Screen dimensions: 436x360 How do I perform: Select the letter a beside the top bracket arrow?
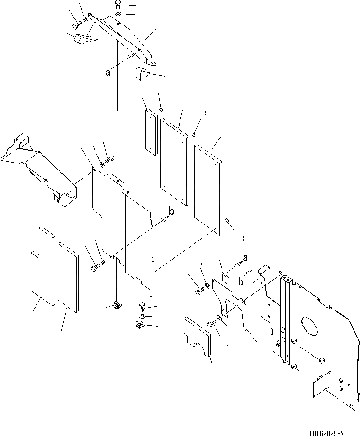click(108, 72)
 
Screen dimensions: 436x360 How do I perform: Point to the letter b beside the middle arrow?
click(171, 212)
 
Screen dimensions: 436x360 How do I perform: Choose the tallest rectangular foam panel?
click(209, 189)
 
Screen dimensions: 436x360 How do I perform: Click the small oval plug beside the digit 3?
click(228, 222)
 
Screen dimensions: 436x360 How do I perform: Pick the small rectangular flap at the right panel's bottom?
click(322, 384)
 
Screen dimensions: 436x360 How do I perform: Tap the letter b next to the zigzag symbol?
click(241, 281)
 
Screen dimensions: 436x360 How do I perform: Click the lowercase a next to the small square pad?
click(245, 258)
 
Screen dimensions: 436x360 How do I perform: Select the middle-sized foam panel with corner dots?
click(174, 162)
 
